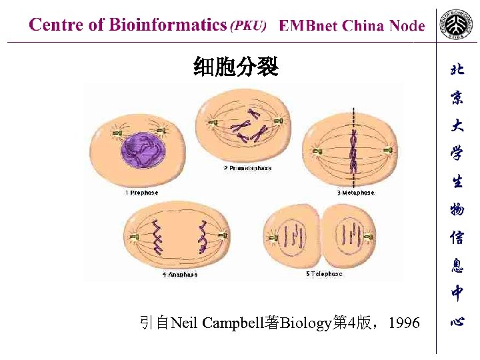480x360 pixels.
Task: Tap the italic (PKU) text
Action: (248, 26)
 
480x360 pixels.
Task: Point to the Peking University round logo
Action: (457, 25)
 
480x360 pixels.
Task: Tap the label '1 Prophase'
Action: (141, 193)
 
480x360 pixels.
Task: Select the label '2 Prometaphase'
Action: (247, 169)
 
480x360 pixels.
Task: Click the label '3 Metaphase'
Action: (355, 193)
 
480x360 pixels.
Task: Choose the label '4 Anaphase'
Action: (180, 274)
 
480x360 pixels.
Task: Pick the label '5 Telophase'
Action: (324, 274)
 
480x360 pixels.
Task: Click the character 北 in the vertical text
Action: (457, 69)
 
